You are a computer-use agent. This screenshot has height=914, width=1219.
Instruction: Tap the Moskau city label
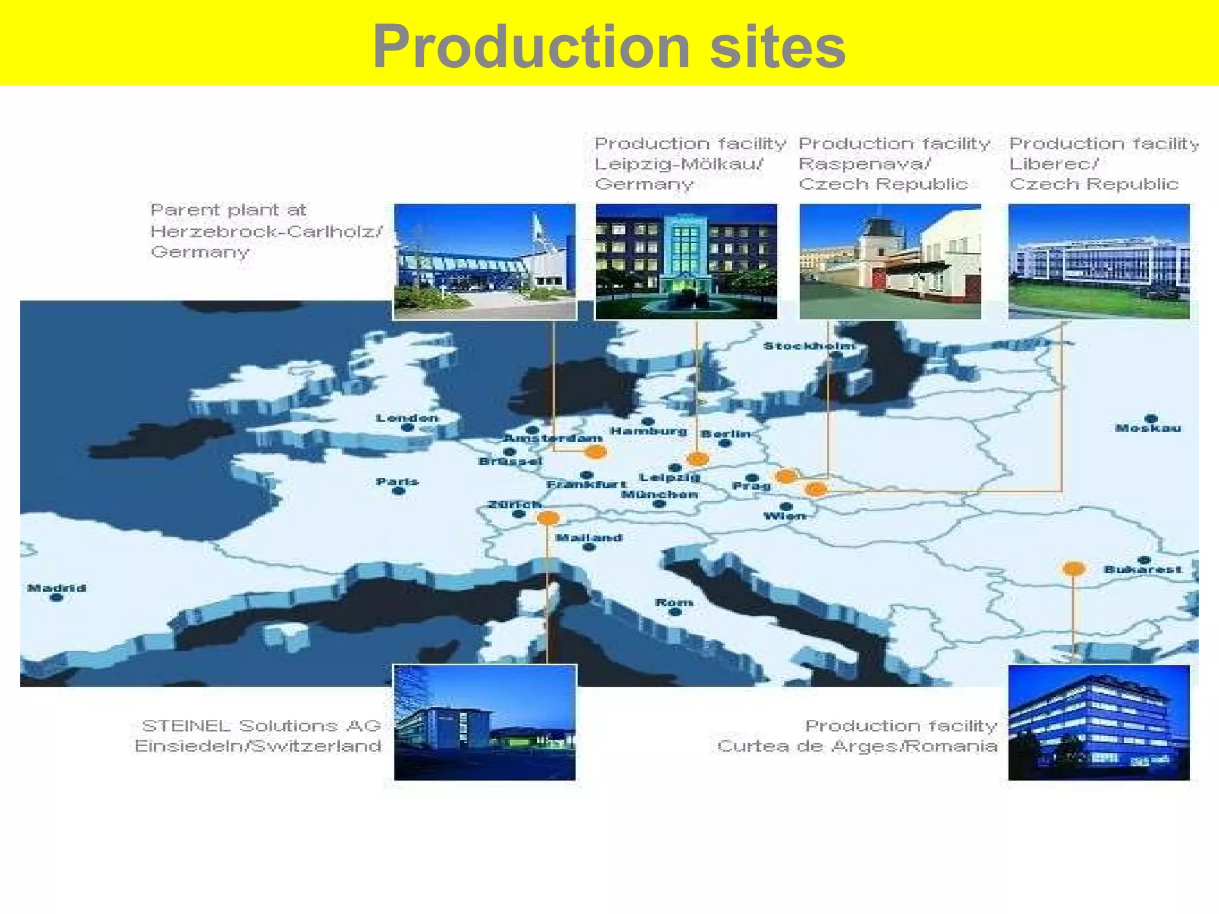click(x=1148, y=428)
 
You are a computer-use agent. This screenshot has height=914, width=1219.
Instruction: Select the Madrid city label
click(x=57, y=588)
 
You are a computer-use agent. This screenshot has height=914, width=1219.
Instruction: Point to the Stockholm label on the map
click(x=809, y=346)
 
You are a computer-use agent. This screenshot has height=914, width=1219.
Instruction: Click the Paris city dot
click(x=399, y=491)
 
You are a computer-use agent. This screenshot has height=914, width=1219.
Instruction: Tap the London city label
click(x=407, y=418)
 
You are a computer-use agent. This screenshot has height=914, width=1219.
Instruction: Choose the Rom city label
click(x=674, y=602)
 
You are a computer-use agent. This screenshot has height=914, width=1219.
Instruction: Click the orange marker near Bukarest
click(x=1073, y=569)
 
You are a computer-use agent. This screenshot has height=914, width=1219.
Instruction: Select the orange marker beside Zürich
click(x=548, y=518)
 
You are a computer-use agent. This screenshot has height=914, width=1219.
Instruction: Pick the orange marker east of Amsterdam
click(x=595, y=452)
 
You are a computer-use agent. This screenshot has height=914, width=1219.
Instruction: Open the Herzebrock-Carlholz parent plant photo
click(x=485, y=261)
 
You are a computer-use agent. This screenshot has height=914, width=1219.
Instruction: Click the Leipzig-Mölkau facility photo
click(x=686, y=261)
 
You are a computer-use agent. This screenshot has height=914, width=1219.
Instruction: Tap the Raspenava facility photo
click(x=890, y=261)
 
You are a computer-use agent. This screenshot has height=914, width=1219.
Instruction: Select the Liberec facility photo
click(x=1099, y=261)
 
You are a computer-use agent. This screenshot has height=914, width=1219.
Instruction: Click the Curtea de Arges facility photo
click(x=1099, y=722)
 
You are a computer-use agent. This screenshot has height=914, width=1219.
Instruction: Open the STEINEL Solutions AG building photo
click(x=485, y=722)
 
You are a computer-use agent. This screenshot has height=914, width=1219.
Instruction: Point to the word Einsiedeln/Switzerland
click(x=258, y=746)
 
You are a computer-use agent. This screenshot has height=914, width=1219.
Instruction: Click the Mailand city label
click(x=589, y=537)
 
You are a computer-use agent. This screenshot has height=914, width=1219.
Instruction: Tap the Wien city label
click(x=784, y=516)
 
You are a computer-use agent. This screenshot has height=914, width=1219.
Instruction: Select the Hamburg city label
click(x=648, y=431)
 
